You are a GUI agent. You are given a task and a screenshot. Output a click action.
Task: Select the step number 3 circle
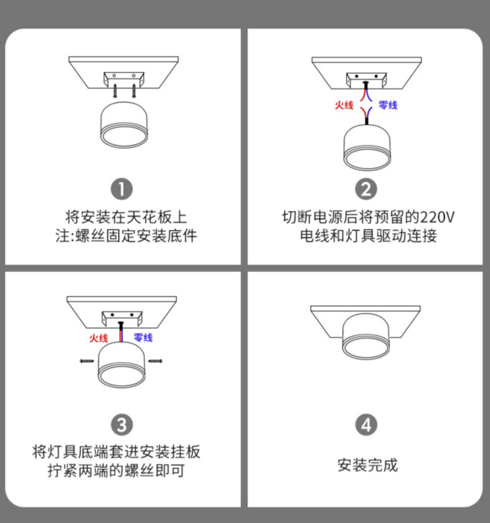click(122, 425)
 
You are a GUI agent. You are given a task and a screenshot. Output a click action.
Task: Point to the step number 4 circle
click(367, 425)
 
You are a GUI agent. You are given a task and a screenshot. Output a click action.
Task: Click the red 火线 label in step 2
click(344, 106)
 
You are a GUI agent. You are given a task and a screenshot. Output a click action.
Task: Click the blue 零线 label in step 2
click(388, 106)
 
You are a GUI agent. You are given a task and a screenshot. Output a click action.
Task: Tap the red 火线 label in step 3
click(99, 338)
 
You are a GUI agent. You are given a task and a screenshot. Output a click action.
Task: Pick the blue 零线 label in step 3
click(143, 338)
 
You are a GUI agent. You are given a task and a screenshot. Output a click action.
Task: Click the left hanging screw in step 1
click(115, 90)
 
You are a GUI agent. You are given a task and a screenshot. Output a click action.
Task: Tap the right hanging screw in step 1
click(134, 90)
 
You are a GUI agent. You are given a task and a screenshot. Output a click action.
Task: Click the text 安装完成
click(367, 465)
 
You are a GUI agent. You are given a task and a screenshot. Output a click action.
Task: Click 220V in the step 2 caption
click(437, 218)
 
